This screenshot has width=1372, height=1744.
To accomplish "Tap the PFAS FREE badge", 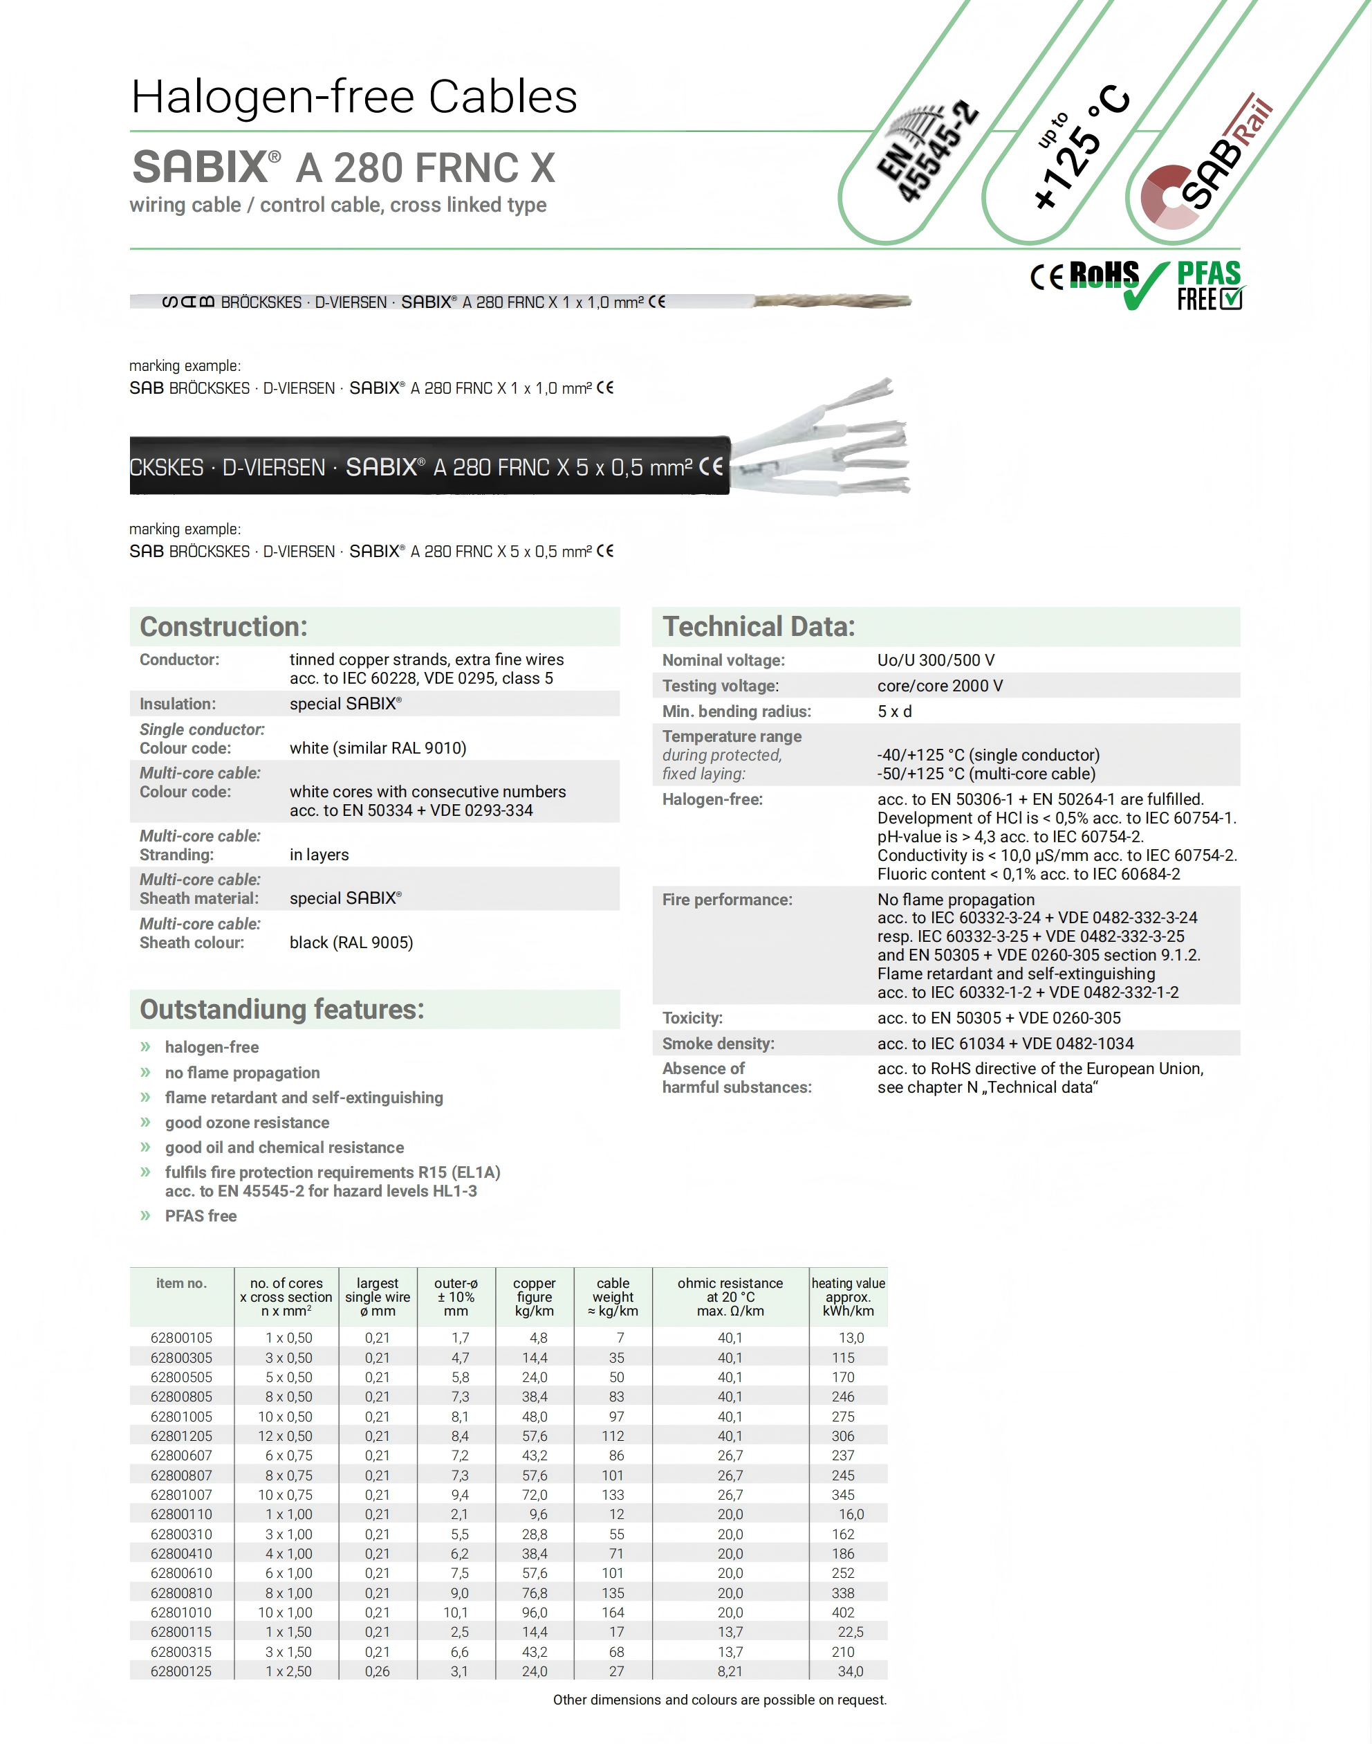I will (x=1209, y=285).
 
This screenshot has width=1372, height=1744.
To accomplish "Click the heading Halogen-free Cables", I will (x=354, y=98).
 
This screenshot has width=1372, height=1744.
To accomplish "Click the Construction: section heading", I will (x=223, y=627).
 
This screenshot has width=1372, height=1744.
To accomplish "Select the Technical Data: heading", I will (x=759, y=627).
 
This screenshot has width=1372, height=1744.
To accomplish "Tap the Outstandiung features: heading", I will (x=282, y=1010).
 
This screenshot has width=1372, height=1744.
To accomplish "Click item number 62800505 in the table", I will (x=182, y=1377).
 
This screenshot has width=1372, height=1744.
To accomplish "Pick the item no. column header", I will (x=182, y=1284).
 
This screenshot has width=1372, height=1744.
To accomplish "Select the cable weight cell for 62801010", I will (x=613, y=1613).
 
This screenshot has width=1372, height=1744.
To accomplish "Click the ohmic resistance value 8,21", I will (x=730, y=1671).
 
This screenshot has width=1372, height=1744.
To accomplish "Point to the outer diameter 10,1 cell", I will (x=456, y=1613).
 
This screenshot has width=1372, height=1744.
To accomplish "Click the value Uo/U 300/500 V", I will (x=936, y=660).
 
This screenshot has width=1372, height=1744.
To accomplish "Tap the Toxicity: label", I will (x=692, y=1017).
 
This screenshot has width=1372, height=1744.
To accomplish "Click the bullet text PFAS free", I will (x=201, y=1216).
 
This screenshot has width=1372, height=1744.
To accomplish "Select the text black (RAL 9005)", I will (x=351, y=942).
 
